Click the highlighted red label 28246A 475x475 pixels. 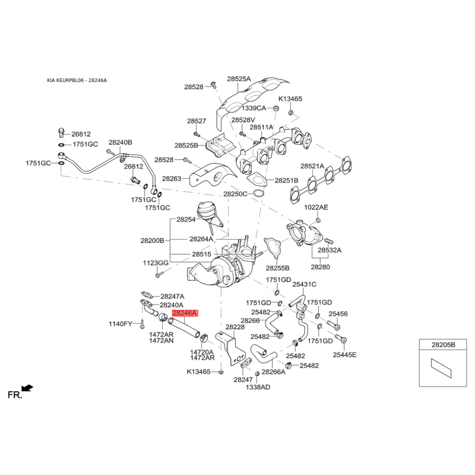pyautogui.click(x=185, y=313)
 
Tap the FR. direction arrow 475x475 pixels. pyautogui.click(x=27, y=388)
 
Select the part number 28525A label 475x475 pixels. pyautogui.click(x=239, y=79)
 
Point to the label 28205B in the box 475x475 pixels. pyautogui.click(x=443, y=344)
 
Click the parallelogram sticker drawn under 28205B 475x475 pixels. pyautogui.click(x=441, y=368)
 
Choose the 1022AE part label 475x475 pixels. pyautogui.click(x=316, y=207)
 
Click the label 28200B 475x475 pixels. pyautogui.click(x=152, y=240)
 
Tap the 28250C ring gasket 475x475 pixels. pyautogui.click(x=258, y=193)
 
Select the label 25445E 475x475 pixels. pyautogui.click(x=344, y=354)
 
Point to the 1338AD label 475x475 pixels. pyautogui.click(x=258, y=387)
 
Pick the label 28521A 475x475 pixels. pyautogui.click(x=312, y=166)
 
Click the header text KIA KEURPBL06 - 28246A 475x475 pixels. pyautogui.click(x=77, y=80)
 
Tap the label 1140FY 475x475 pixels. pyautogui.click(x=121, y=324)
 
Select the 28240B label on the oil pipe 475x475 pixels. pyautogui.click(x=121, y=142)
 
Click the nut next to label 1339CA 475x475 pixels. pyautogui.click(x=276, y=108)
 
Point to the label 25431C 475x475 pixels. pyautogui.click(x=304, y=284)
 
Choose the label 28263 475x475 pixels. pyautogui.click(x=172, y=179)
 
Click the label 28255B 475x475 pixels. pyautogui.click(x=277, y=268)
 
